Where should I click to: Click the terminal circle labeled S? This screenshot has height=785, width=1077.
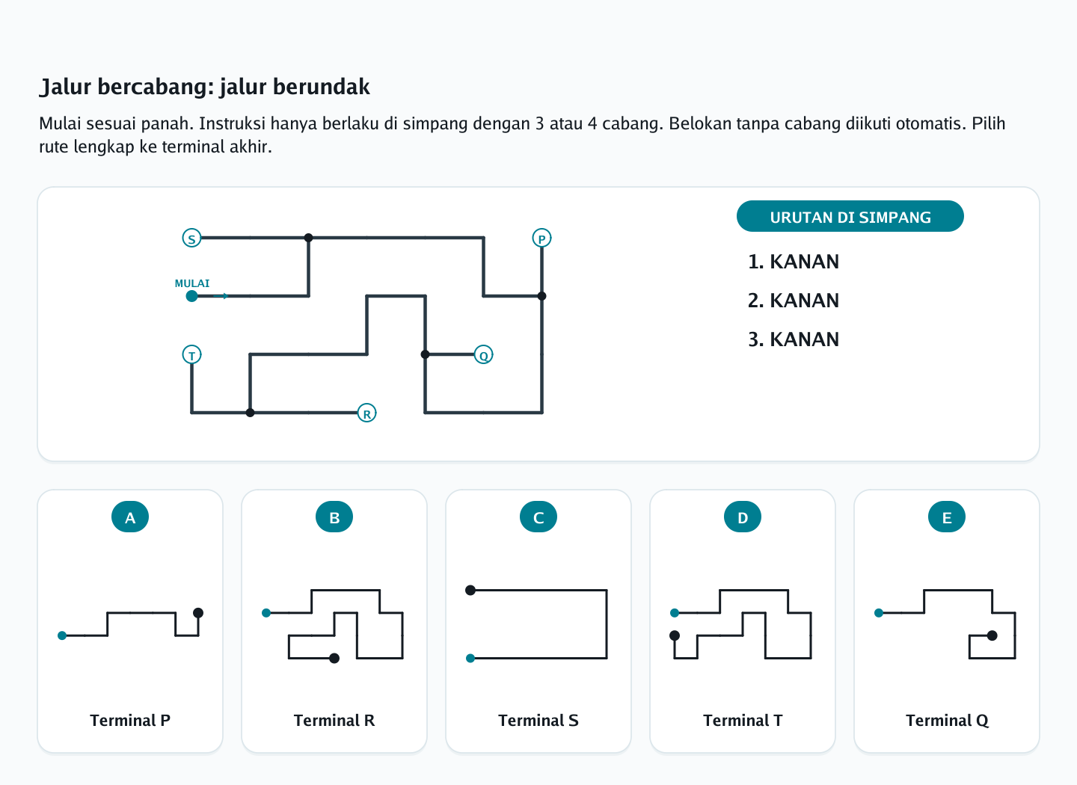(x=191, y=238)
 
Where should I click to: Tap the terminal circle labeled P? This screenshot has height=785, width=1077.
(x=541, y=238)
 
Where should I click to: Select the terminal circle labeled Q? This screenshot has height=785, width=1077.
(x=483, y=355)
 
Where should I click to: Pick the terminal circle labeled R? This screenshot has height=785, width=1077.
(x=366, y=413)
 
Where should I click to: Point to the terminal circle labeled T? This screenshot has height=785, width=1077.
(x=191, y=355)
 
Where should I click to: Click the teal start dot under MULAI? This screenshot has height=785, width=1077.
(x=191, y=296)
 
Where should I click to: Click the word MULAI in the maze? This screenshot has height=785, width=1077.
(x=191, y=283)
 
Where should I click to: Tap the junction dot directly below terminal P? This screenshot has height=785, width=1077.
(x=541, y=296)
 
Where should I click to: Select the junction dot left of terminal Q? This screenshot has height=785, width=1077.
(x=425, y=355)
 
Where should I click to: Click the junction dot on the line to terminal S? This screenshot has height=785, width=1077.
(x=309, y=238)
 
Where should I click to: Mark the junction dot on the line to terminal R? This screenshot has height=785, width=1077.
(x=250, y=413)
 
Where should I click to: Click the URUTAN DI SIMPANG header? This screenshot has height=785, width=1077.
(x=850, y=217)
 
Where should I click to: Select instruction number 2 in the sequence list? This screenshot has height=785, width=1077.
(x=794, y=301)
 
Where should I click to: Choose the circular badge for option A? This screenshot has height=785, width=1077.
(x=130, y=517)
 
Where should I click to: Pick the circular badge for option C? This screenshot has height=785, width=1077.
(x=538, y=517)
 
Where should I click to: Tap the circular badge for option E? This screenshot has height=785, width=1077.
(x=947, y=517)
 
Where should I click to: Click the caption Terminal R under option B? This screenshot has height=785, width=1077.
(x=334, y=721)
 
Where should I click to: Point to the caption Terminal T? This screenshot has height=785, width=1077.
(x=743, y=721)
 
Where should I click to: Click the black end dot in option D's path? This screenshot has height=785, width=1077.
(x=675, y=635)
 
